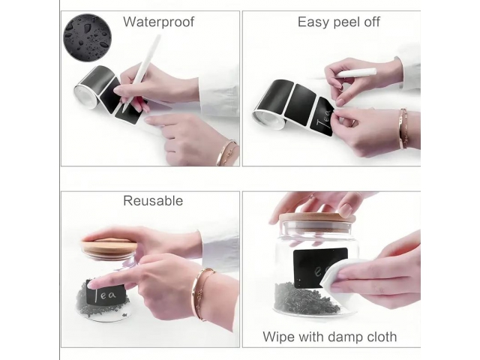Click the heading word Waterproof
[158, 22]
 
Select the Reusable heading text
[153, 201]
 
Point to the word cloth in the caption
[382, 337]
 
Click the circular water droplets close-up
[87, 37]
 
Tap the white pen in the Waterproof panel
[142, 73]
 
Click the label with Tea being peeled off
[322, 117]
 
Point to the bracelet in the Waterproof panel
[226, 152]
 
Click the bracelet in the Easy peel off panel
[403, 128]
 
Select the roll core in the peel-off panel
[268, 120]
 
